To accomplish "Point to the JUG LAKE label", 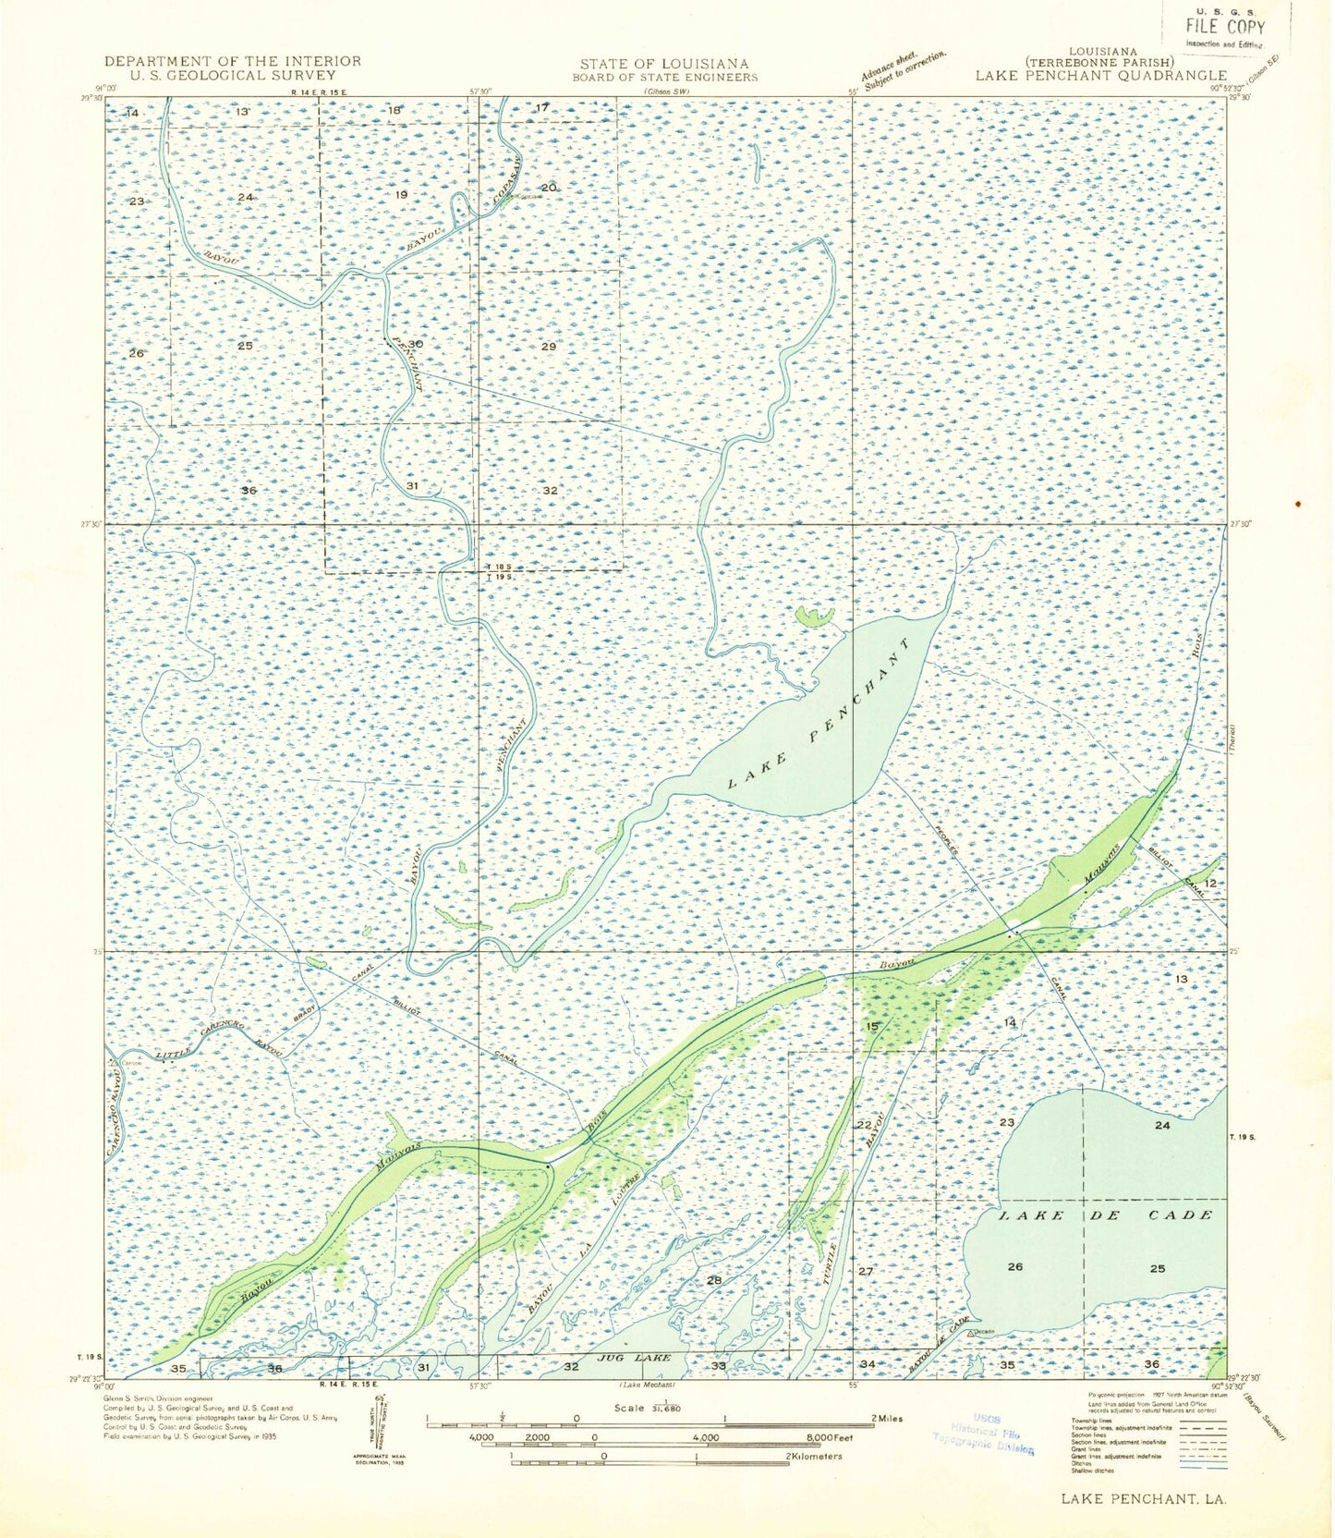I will pyautogui.click(x=632, y=1358).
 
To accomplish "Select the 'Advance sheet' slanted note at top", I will pyautogui.click(x=903, y=70).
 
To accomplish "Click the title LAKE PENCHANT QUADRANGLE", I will pyautogui.click(x=1101, y=76).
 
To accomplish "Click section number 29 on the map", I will pyautogui.click(x=549, y=347).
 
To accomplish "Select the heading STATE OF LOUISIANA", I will pyautogui.click(x=664, y=64).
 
